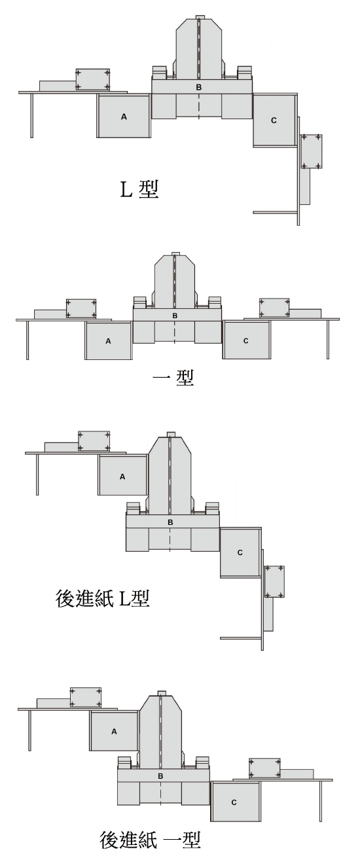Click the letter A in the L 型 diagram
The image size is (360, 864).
[x=124, y=117]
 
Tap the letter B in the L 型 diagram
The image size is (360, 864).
[x=199, y=87]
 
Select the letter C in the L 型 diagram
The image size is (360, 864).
[x=274, y=120]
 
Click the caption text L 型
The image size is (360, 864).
[x=139, y=189]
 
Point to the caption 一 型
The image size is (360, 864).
[x=173, y=377]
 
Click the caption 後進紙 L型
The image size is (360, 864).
[x=102, y=598]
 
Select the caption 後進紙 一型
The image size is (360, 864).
[x=150, y=839]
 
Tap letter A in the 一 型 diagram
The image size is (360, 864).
[x=108, y=341]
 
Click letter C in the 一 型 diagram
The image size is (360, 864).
[x=246, y=341]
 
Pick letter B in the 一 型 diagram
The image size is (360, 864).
[x=175, y=315]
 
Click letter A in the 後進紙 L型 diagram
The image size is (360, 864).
[x=122, y=477]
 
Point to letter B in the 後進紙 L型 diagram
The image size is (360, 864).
[x=170, y=522]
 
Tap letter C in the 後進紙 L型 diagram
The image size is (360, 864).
[x=240, y=552]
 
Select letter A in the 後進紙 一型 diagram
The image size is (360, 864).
[x=114, y=731]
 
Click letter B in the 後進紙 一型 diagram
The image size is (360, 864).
[x=160, y=776]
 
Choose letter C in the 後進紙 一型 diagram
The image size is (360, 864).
[x=234, y=802]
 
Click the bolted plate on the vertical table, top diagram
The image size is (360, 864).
[x=312, y=152]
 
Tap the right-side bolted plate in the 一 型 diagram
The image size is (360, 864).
[x=274, y=308]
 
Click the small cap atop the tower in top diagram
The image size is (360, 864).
[x=199, y=17]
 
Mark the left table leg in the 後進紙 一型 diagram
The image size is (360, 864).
[x=29, y=730]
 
